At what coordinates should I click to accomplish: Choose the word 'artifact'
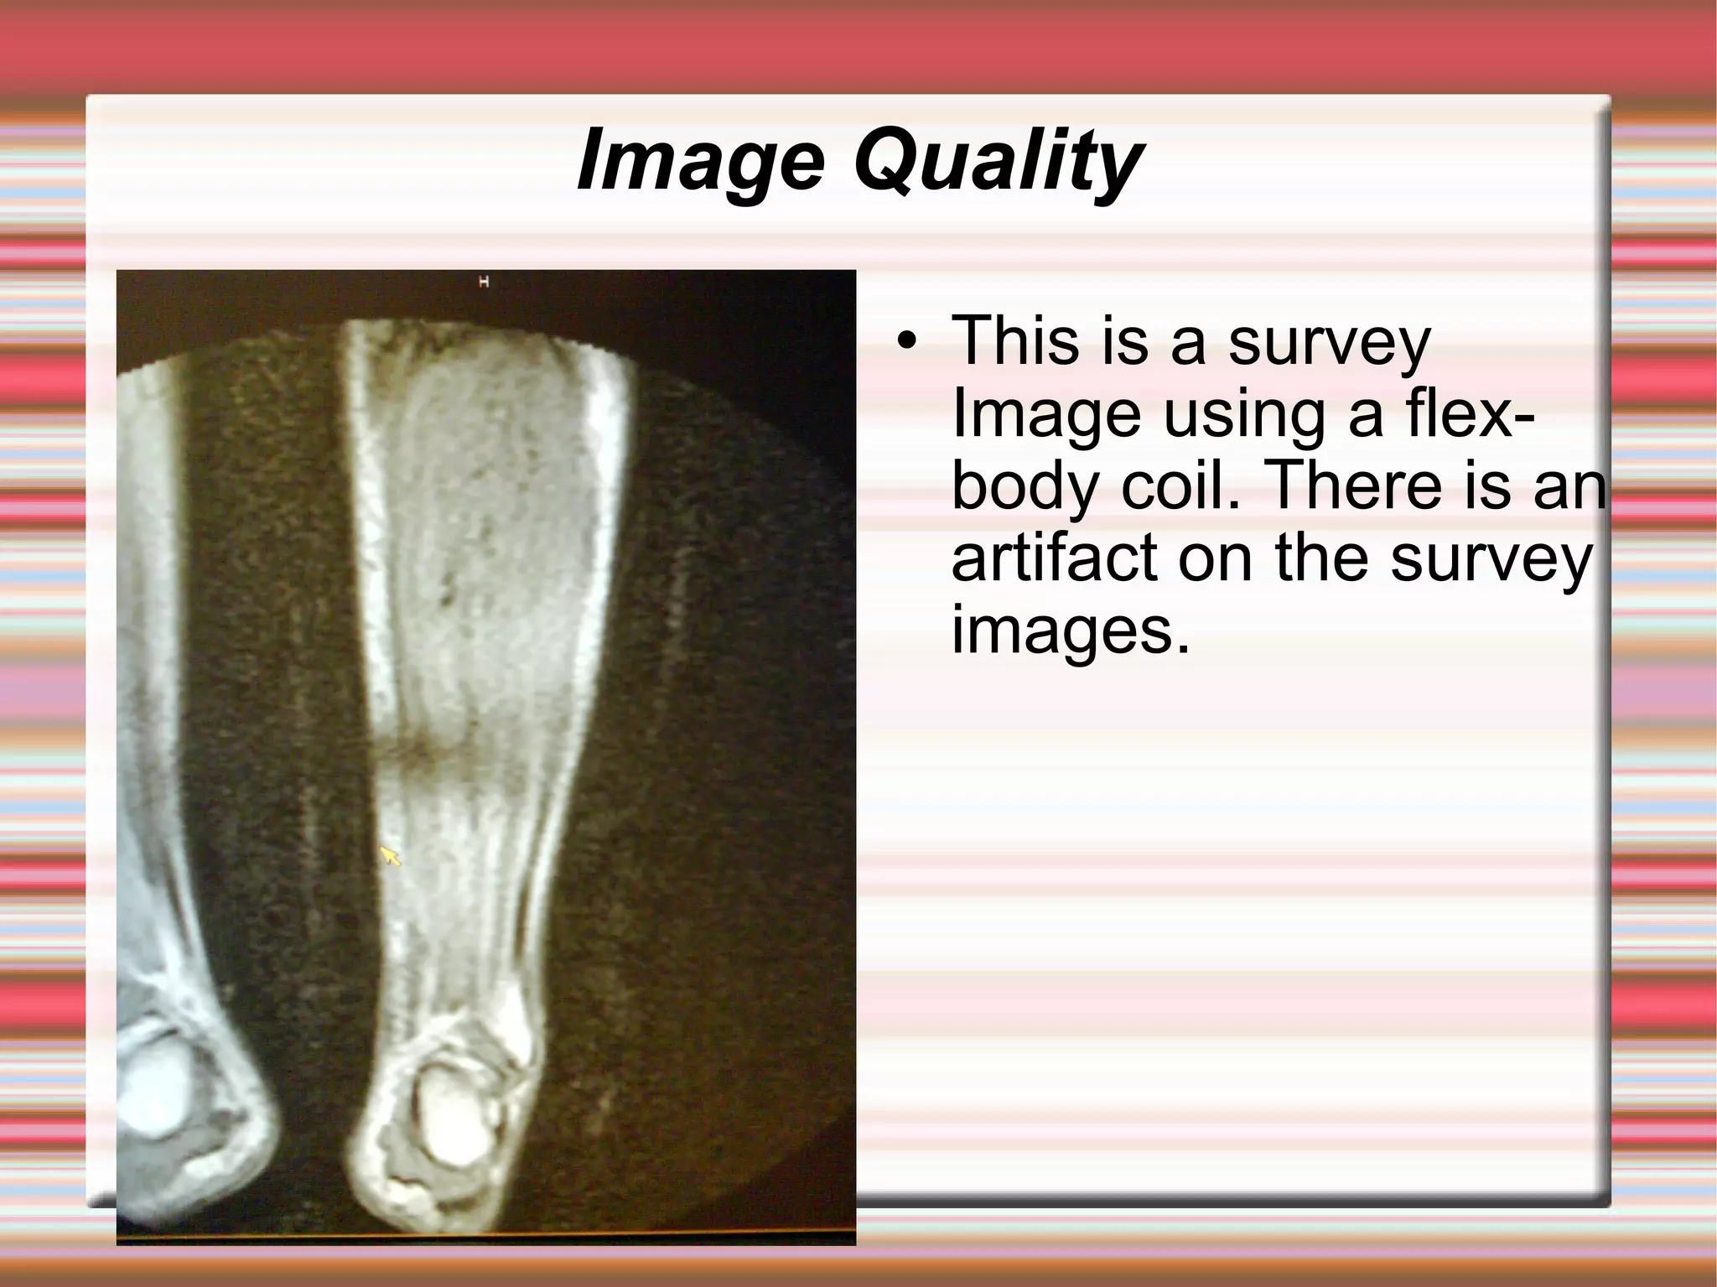(1056, 558)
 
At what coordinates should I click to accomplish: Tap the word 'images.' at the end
(1070, 631)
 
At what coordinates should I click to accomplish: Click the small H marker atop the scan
(484, 282)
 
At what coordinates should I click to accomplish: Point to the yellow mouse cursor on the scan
(390, 855)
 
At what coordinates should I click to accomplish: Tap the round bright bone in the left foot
(155, 1090)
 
